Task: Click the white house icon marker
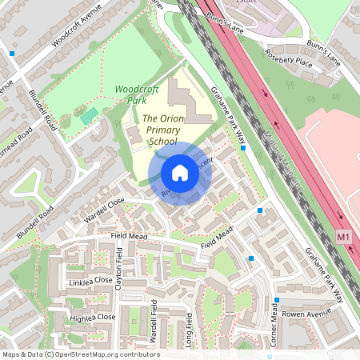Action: pos(180,173)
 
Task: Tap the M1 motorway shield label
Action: pos(344,238)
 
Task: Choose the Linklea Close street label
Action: pos(91,281)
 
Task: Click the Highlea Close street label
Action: pos(93,318)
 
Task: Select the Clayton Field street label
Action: pos(120,271)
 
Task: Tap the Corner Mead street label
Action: pos(274,327)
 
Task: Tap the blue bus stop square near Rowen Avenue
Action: pos(277,301)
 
